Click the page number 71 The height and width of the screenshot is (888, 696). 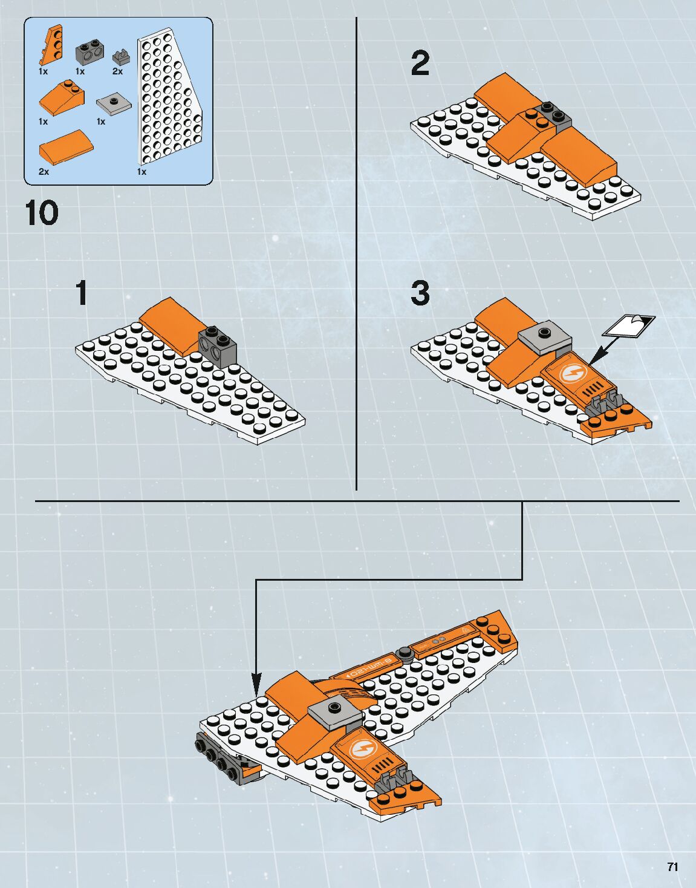tap(672, 866)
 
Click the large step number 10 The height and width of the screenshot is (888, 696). tap(42, 214)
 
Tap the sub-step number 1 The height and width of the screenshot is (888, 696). tap(82, 293)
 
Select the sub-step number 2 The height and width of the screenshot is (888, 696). tap(420, 64)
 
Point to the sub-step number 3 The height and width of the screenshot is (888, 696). tap(420, 293)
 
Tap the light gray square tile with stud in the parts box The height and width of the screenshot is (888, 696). tap(114, 104)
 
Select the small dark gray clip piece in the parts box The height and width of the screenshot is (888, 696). tap(121, 57)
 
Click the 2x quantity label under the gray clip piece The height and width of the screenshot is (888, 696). tap(117, 71)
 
